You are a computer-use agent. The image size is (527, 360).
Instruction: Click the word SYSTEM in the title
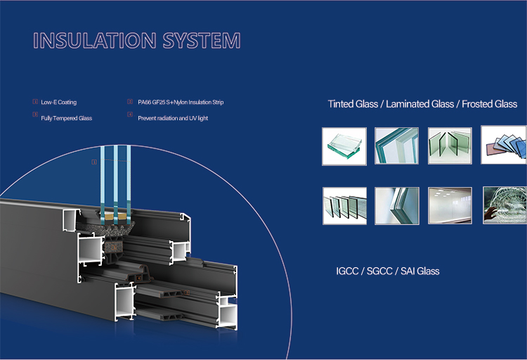(x=202, y=40)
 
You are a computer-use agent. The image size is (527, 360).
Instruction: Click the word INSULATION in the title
(x=94, y=40)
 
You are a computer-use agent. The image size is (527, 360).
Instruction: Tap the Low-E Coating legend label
(x=59, y=102)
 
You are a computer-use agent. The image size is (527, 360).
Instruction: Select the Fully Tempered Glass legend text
(x=67, y=118)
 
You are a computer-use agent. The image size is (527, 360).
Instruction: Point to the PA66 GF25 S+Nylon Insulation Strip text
(x=181, y=102)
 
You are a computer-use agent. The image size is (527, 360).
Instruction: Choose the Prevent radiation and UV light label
(x=173, y=118)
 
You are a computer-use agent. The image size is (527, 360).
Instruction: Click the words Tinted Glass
(x=353, y=104)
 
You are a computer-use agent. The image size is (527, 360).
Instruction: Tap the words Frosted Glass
(x=489, y=104)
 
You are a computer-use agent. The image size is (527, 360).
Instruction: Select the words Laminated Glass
(x=419, y=104)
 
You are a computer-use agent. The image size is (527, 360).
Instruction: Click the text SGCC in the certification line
(x=379, y=271)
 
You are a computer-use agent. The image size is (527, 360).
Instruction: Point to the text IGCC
(x=347, y=271)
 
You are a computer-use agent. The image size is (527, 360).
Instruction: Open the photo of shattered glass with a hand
(x=505, y=205)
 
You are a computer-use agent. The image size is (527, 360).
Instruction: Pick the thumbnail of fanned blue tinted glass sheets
(x=504, y=145)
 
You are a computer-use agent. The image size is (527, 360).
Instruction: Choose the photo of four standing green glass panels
(x=450, y=146)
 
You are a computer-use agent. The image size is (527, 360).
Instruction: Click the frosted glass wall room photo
(x=450, y=205)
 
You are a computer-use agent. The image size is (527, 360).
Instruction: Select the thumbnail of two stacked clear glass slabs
(x=344, y=146)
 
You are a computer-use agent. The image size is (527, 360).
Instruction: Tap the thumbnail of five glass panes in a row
(x=344, y=206)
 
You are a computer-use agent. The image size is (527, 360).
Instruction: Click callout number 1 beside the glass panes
(x=94, y=162)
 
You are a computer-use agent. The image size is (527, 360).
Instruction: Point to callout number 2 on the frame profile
(x=187, y=292)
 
